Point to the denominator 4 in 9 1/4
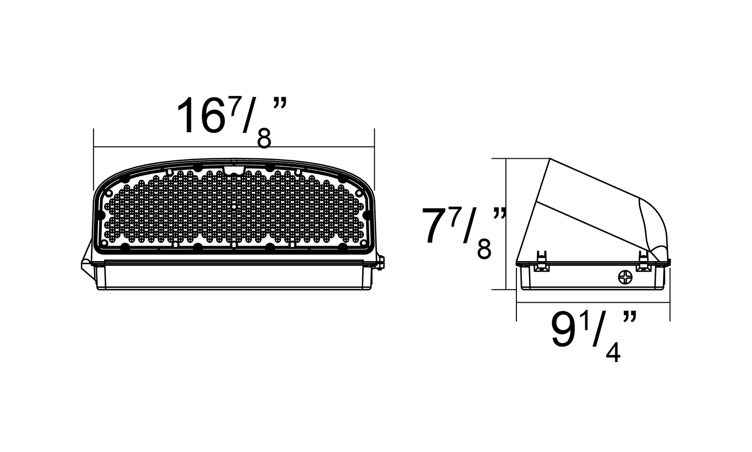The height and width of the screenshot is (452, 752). click(613, 353)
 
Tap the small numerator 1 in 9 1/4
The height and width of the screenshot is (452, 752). click(585, 323)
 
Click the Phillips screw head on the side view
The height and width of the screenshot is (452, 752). click(625, 277)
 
